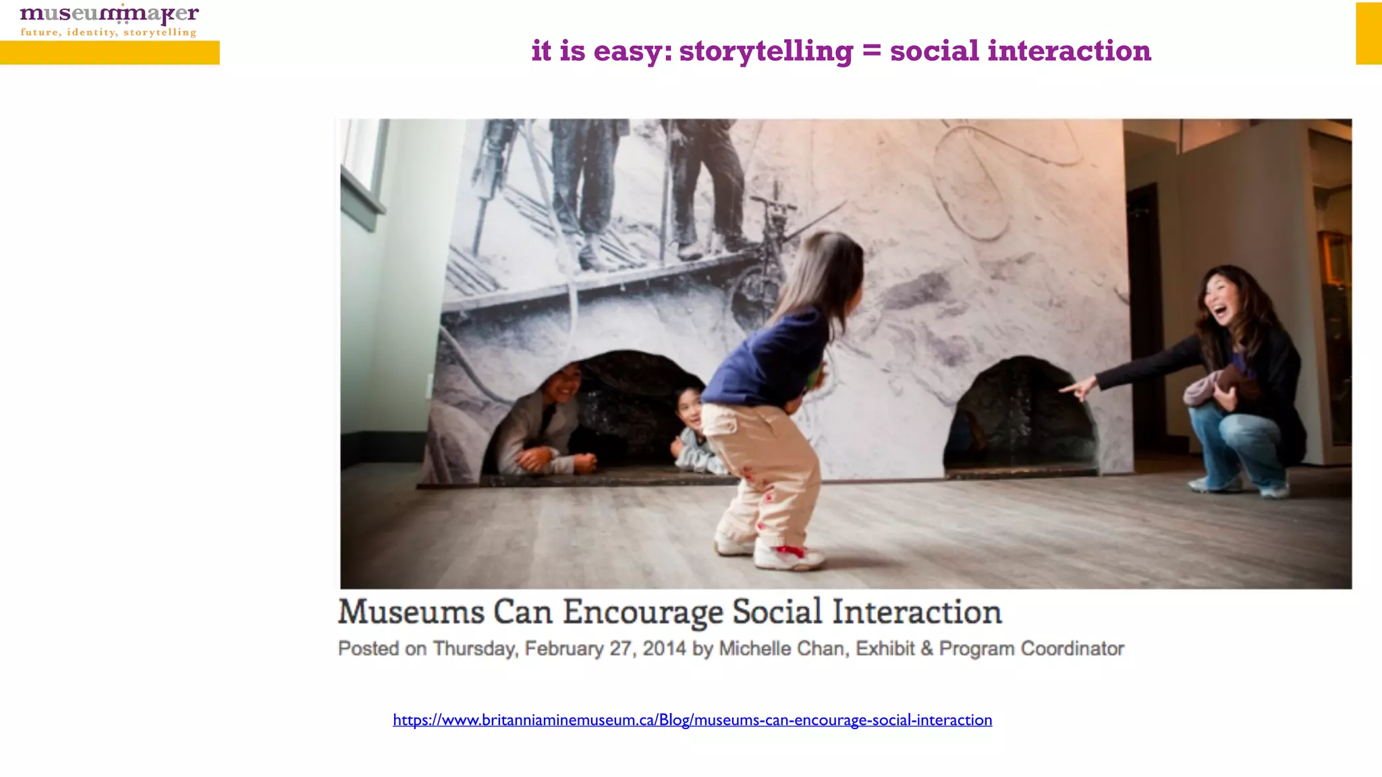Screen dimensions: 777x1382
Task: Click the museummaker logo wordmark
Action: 109,13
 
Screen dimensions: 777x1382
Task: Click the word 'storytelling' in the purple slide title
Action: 766,51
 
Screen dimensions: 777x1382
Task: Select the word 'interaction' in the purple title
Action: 1069,51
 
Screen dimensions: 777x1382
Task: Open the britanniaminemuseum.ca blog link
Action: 692,720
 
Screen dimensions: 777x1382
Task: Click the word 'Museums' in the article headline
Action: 411,612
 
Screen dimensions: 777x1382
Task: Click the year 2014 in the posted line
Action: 664,648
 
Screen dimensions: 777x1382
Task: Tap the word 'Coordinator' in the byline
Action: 1072,648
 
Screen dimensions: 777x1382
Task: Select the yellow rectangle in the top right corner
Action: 1369,33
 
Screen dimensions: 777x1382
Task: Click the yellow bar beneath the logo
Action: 109,53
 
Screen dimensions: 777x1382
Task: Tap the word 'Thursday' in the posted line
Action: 474,648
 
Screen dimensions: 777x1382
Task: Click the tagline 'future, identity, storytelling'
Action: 109,32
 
